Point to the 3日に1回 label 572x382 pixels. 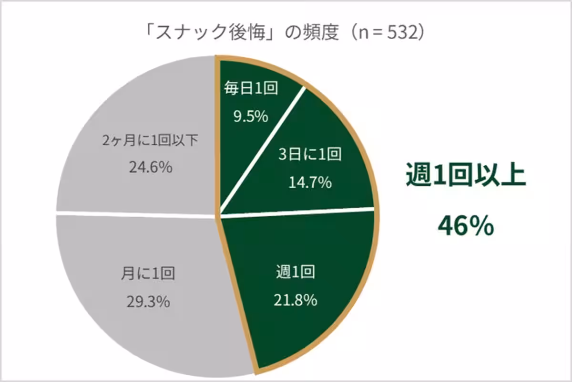pyautogui.click(x=309, y=154)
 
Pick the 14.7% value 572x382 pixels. pyautogui.click(x=310, y=182)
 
